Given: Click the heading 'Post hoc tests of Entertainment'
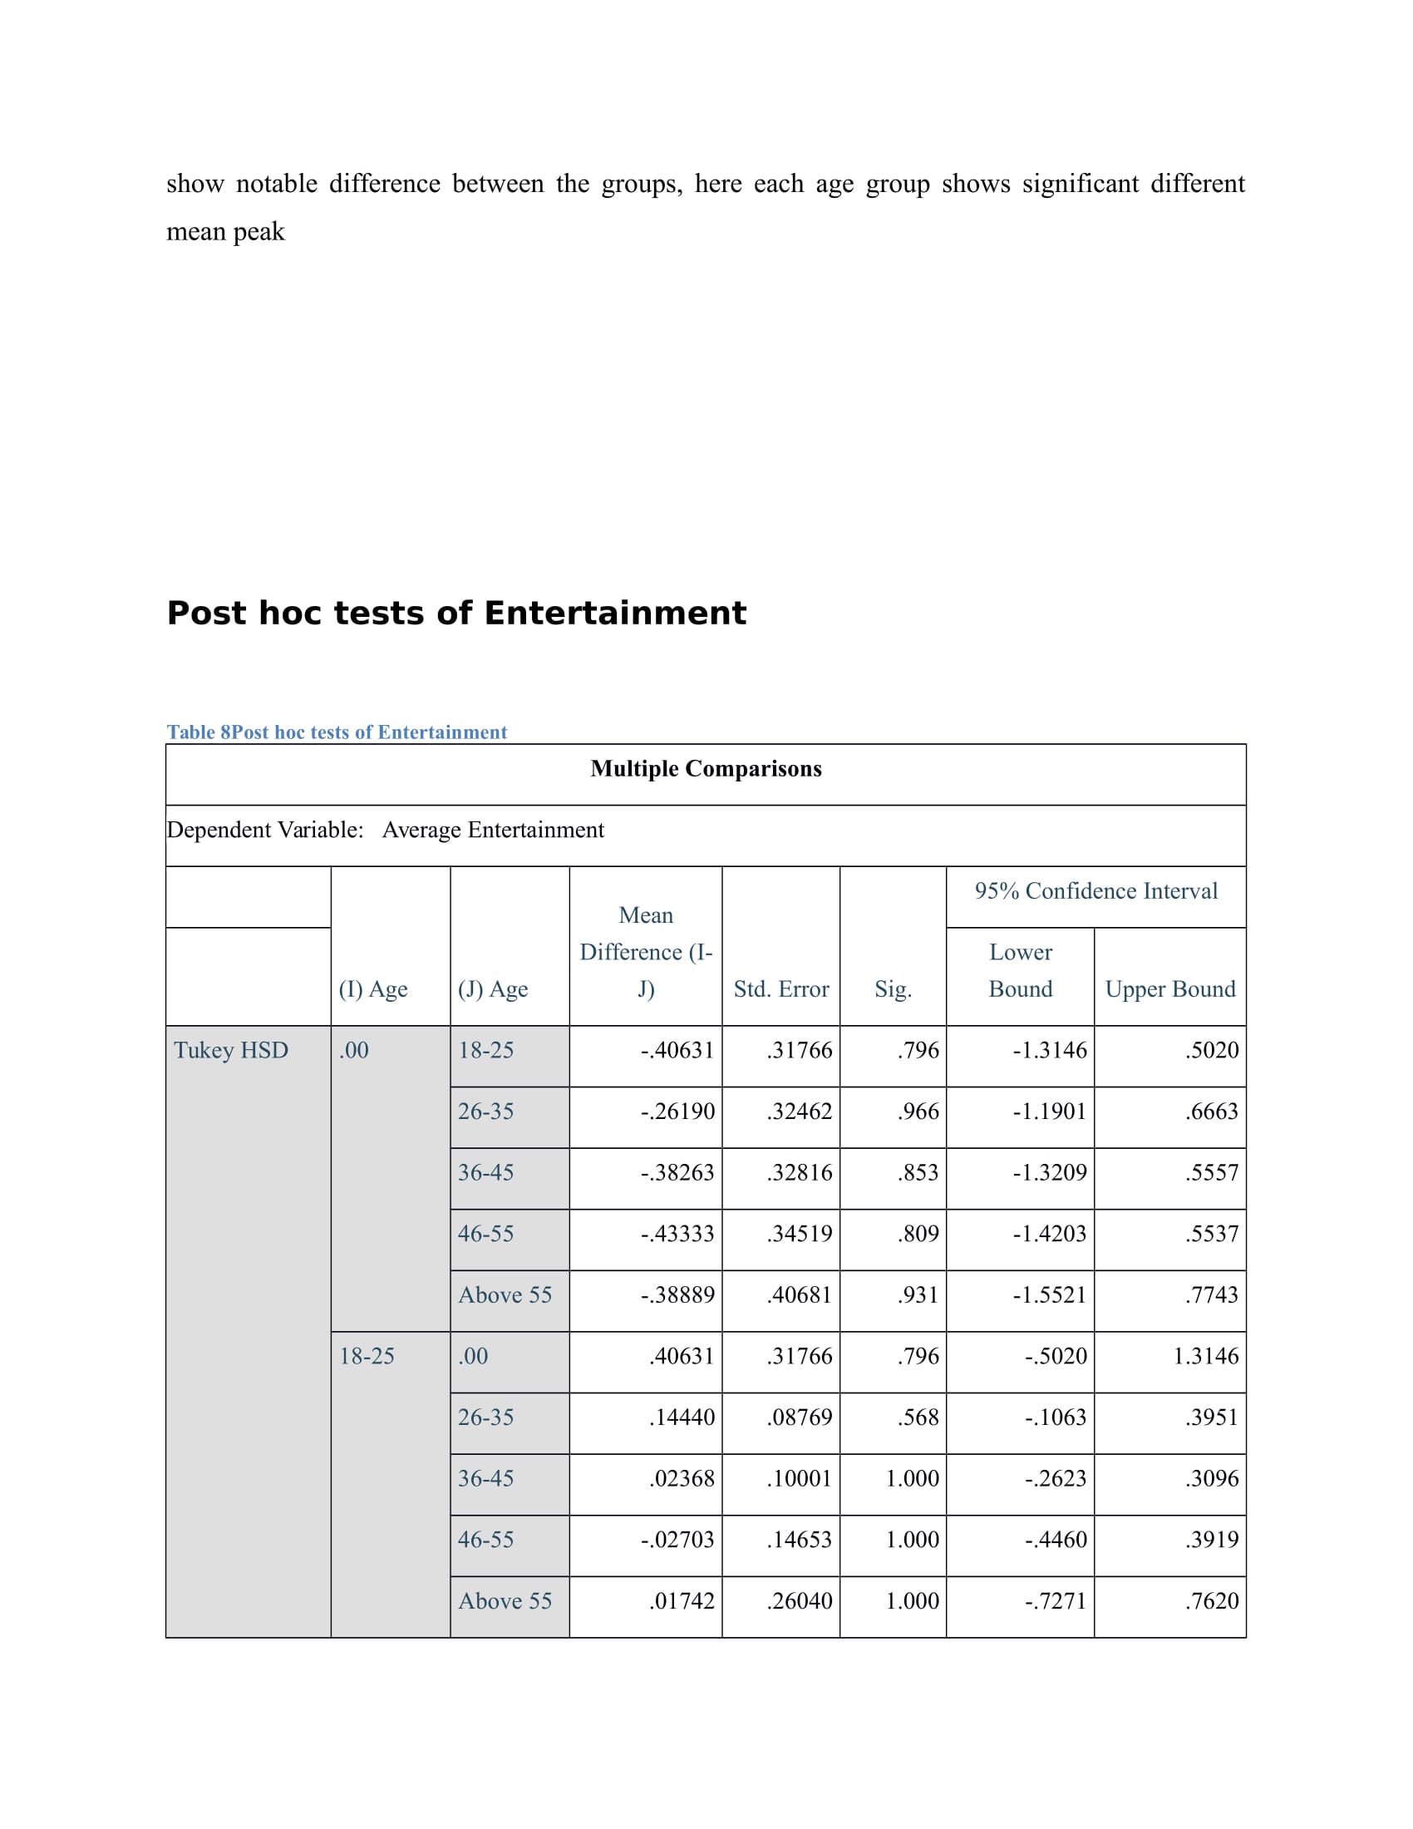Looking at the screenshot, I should pos(456,613).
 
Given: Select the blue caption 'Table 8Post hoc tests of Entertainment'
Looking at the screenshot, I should pos(337,732).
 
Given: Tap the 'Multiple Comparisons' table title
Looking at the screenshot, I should pos(706,769).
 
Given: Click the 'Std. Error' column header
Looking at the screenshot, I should pos(781,989).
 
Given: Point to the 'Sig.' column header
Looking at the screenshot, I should pos(893,989).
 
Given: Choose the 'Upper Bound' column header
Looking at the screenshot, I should pos(1169,989).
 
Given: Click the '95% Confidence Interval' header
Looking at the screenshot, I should pos(1095,891).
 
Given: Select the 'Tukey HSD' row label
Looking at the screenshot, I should pos(231,1050).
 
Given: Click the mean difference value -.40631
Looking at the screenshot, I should pos(677,1050).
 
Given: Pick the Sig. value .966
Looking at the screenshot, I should pos(918,1112).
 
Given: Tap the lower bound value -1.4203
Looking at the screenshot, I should pos(1049,1234).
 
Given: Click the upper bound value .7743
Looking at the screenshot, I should pos(1211,1294).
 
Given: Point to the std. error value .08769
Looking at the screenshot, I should pos(800,1417).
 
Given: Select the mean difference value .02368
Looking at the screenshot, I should pos(682,1478).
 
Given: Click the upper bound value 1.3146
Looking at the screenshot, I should pos(1205,1356).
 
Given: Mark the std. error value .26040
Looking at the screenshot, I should pos(800,1600).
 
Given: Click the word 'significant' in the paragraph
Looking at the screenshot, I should pos(1080,184).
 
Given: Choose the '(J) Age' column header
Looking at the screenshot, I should pos(492,989).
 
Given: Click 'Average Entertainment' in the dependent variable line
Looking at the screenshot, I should pos(493,830).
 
